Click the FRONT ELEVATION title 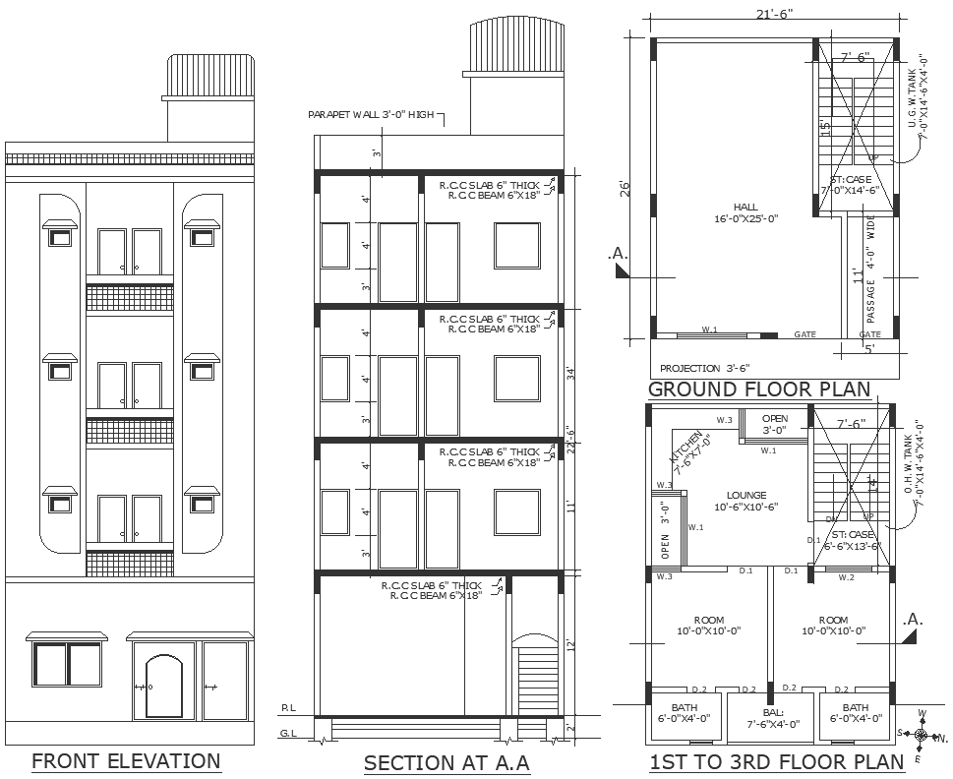pyautogui.click(x=126, y=760)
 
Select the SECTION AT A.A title pyautogui.click(x=447, y=762)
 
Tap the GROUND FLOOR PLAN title pyautogui.click(x=759, y=389)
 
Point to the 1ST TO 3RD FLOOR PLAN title pyautogui.click(x=776, y=761)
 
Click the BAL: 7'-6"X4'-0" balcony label pyautogui.click(x=772, y=717)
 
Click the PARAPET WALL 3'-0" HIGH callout pyautogui.click(x=371, y=115)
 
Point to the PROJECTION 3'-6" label pyautogui.click(x=704, y=367)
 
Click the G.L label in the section pyautogui.click(x=288, y=734)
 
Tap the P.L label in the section pyautogui.click(x=288, y=707)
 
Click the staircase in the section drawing pyautogui.click(x=534, y=679)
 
